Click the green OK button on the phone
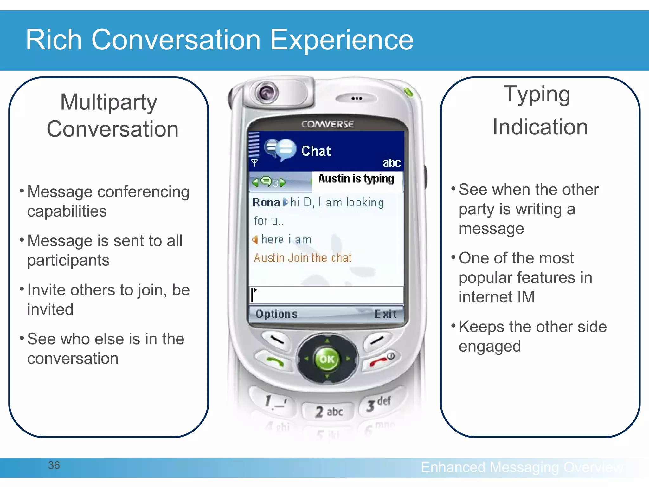point(327,359)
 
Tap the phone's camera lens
point(267,93)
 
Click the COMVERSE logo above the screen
point(327,124)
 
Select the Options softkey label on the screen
point(276,314)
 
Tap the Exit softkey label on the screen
point(385,314)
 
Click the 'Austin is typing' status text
point(356,179)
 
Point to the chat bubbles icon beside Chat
point(280,150)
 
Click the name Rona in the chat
point(266,202)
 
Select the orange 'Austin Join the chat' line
point(303,258)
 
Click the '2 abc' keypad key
point(328,412)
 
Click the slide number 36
point(54,465)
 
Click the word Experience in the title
point(342,40)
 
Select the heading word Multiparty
point(108,102)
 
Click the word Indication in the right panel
point(540,127)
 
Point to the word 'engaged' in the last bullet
point(490,346)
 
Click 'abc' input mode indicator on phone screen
point(391,163)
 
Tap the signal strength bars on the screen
point(254,145)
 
